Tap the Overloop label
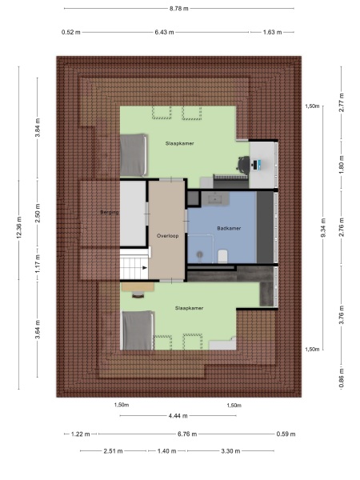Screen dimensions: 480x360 [x=167, y=236]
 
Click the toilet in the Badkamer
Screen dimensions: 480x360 [x=222, y=254]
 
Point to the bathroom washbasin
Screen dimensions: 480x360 [x=214, y=198]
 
